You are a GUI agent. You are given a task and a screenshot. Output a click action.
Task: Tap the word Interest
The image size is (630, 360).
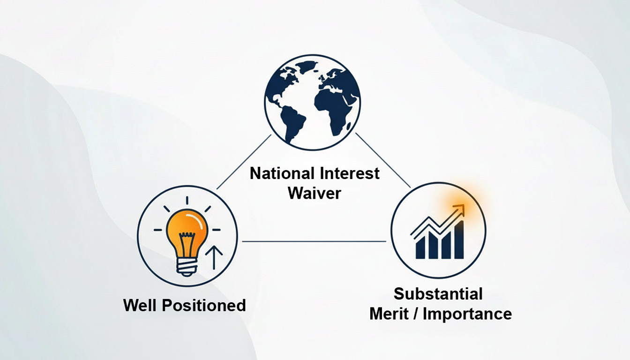click(350, 173)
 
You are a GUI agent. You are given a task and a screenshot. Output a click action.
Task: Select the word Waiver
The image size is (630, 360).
click(315, 193)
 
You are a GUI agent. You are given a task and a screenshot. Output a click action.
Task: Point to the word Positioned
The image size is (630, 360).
click(204, 306)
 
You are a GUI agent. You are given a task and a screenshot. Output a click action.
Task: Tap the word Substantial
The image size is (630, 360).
click(438, 294)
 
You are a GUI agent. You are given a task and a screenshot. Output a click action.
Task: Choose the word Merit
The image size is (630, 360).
click(389, 314)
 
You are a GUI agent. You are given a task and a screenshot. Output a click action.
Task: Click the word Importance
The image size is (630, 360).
click(467, 315)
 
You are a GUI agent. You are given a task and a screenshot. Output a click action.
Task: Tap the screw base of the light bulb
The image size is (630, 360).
click(186, 267)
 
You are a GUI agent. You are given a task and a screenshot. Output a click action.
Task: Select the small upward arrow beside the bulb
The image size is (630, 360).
click(214, 257)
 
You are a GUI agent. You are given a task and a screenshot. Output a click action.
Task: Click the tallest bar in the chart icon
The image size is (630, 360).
click(459, 240)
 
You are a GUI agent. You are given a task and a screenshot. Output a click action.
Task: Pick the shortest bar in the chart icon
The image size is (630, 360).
click(420, 247)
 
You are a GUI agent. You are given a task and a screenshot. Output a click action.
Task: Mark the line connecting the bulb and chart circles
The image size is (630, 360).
click(314, 241)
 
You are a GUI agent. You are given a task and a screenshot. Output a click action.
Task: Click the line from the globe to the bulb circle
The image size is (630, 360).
click(244, 162)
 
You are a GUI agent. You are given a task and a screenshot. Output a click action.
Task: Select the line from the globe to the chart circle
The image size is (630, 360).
click(383, 160)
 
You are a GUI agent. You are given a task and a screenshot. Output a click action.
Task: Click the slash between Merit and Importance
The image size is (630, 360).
click(415, 314)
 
